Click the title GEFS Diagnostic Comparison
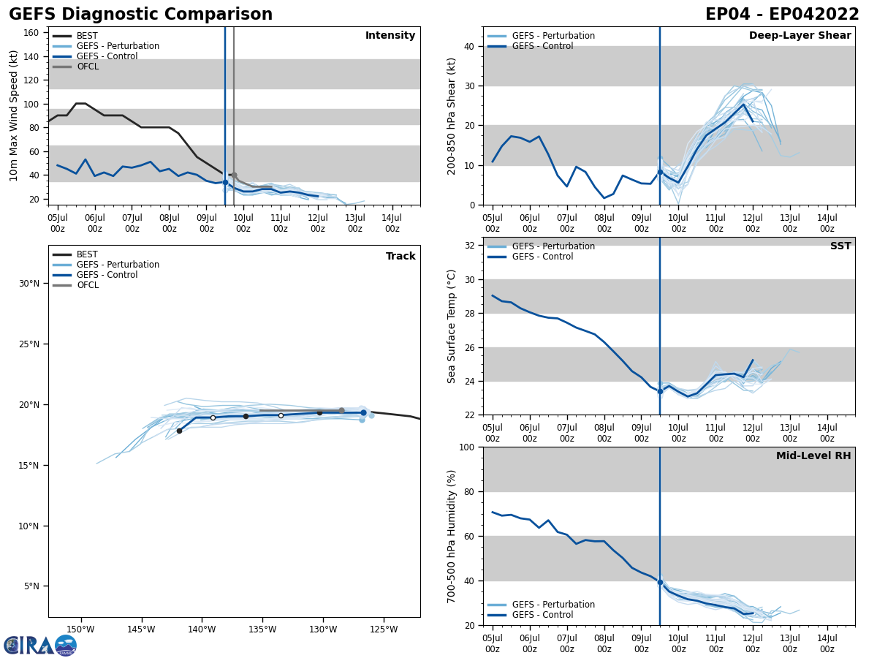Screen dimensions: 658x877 click(x=140, y=15)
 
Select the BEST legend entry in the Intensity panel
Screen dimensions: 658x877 click(x=87, y=36)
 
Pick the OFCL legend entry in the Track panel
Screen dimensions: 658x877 click(x=88, y=285)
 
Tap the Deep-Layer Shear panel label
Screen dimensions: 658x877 click(x=800, y=36)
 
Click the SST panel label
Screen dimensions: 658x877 click(x=840, y=246)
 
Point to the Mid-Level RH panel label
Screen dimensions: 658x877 click(x=813, y=456)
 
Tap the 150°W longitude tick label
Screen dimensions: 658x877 click(x=80, y=629)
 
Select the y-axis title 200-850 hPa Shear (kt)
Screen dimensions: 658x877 click(x=452, y=116)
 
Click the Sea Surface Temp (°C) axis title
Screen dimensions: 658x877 click(x=452, y=326)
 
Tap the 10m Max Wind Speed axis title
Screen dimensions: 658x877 click(x=14, y=116)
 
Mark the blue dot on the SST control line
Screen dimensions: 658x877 click(x=660, y=391)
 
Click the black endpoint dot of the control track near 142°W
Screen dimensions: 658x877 click(x=179, y=431)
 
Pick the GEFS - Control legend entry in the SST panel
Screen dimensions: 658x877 click(x=542, y=257)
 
